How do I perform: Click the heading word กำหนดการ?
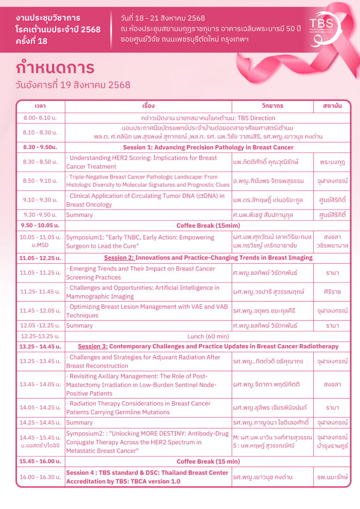55,67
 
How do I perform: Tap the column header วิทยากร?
272,106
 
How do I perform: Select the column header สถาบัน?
332,106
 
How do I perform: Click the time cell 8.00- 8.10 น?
40,118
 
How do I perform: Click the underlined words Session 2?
119,258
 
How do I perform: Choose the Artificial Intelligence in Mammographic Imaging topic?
142,292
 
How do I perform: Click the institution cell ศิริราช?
332,292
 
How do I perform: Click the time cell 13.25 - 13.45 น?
40,361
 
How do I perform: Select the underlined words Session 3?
93,346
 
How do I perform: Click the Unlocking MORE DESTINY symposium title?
147,442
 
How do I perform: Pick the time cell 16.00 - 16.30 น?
40,477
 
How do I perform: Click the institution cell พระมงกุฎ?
332,162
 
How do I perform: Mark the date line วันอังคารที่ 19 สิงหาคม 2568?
73,85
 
